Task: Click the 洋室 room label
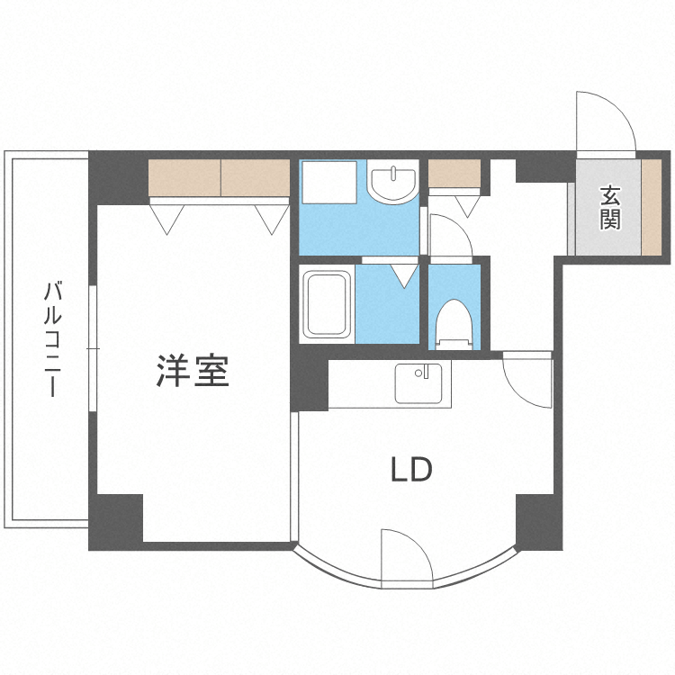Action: [x=193, y=371]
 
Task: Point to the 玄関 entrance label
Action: [x=611, y=207]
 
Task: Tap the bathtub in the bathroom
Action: [x=328, y=304]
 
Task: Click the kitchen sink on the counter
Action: [x=416, y=384]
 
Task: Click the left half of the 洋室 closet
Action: [x=184, y=178]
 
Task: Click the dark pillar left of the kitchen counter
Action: [x=311, y=383]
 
